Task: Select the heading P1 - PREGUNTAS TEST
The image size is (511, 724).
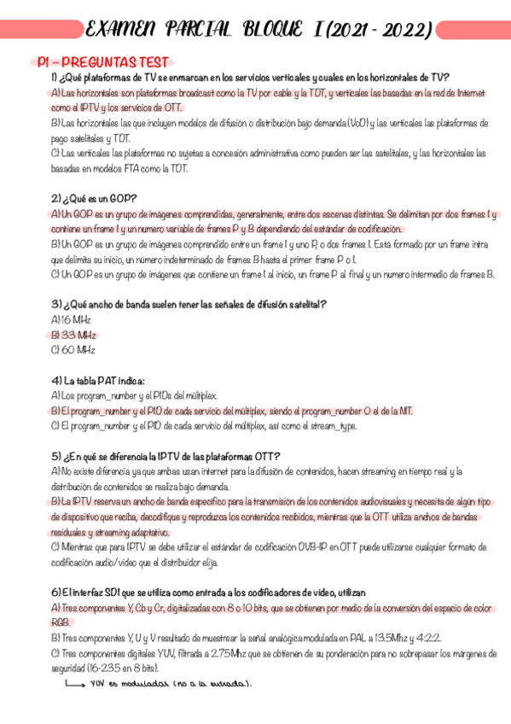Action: [x=104, y=62]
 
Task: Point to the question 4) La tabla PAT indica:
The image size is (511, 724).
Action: [x=98, y=380]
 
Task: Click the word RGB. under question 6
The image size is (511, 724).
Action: [x=60, y=622]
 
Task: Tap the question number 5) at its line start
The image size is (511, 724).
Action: [x=56, y=456]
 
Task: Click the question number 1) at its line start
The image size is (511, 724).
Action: [x=55, y=77]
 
